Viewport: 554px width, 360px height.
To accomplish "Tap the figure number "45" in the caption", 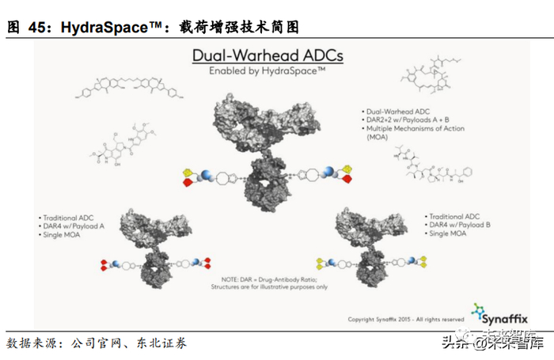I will click(x=39, y=27).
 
